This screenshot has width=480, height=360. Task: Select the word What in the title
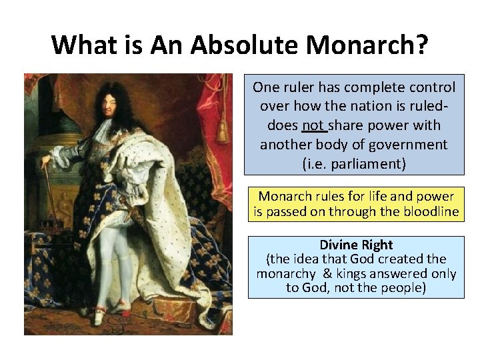pyautogui.click(x=89, y=45)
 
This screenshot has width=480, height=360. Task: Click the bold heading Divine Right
pyautogui.click(x=356, y=245)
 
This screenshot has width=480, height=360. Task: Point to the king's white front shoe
pyautogui.click(x=100, y=319)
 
